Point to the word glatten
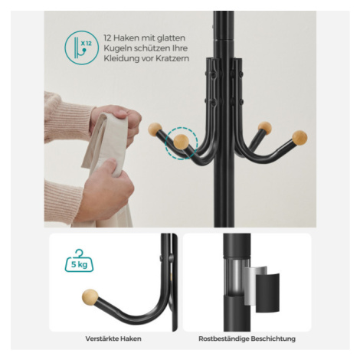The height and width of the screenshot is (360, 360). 171,38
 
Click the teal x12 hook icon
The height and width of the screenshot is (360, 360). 81,47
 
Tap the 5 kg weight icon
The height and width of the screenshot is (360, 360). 79,260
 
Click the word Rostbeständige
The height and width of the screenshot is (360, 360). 224,339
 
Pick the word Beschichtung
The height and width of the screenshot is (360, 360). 273,339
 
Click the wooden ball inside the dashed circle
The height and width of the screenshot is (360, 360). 181,142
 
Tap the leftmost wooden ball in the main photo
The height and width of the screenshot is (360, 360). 155,129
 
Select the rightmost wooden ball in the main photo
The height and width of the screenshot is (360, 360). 299,138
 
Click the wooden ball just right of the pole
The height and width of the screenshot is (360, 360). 264,127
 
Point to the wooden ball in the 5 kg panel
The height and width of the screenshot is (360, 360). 90,297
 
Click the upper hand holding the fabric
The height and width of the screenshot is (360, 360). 116,122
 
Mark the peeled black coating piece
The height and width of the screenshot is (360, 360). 267,293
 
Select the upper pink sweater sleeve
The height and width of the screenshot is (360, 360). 67,117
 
